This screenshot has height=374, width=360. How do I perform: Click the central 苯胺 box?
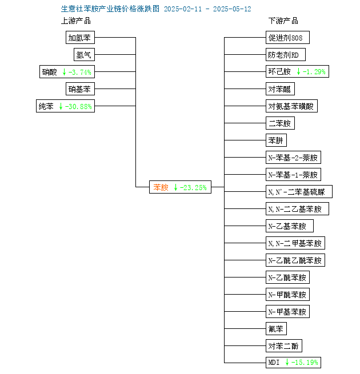180,187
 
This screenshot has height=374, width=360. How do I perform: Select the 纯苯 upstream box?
65,106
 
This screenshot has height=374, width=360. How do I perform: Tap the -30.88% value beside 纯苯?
78,106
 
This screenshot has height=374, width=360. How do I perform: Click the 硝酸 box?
67,71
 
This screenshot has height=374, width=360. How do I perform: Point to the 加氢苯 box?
80,38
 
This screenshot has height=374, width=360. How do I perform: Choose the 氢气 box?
84,55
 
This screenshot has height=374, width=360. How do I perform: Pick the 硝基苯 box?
80,89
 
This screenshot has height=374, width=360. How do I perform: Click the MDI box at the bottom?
293,363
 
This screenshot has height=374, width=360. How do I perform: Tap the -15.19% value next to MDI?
305,363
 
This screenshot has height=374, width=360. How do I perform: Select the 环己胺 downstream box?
298,71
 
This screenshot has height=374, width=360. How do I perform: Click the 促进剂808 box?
287,38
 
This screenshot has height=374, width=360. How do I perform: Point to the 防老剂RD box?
286,55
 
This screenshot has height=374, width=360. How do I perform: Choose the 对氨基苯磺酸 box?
292,106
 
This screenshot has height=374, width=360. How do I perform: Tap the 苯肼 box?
276,140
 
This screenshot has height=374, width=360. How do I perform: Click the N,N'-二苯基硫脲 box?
299,191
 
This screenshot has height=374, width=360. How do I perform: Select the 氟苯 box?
276,329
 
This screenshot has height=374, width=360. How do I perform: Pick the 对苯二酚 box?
284,345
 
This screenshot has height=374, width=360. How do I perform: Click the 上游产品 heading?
76,21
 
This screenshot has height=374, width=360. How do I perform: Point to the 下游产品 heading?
283,21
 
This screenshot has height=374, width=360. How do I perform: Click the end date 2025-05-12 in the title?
232,9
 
